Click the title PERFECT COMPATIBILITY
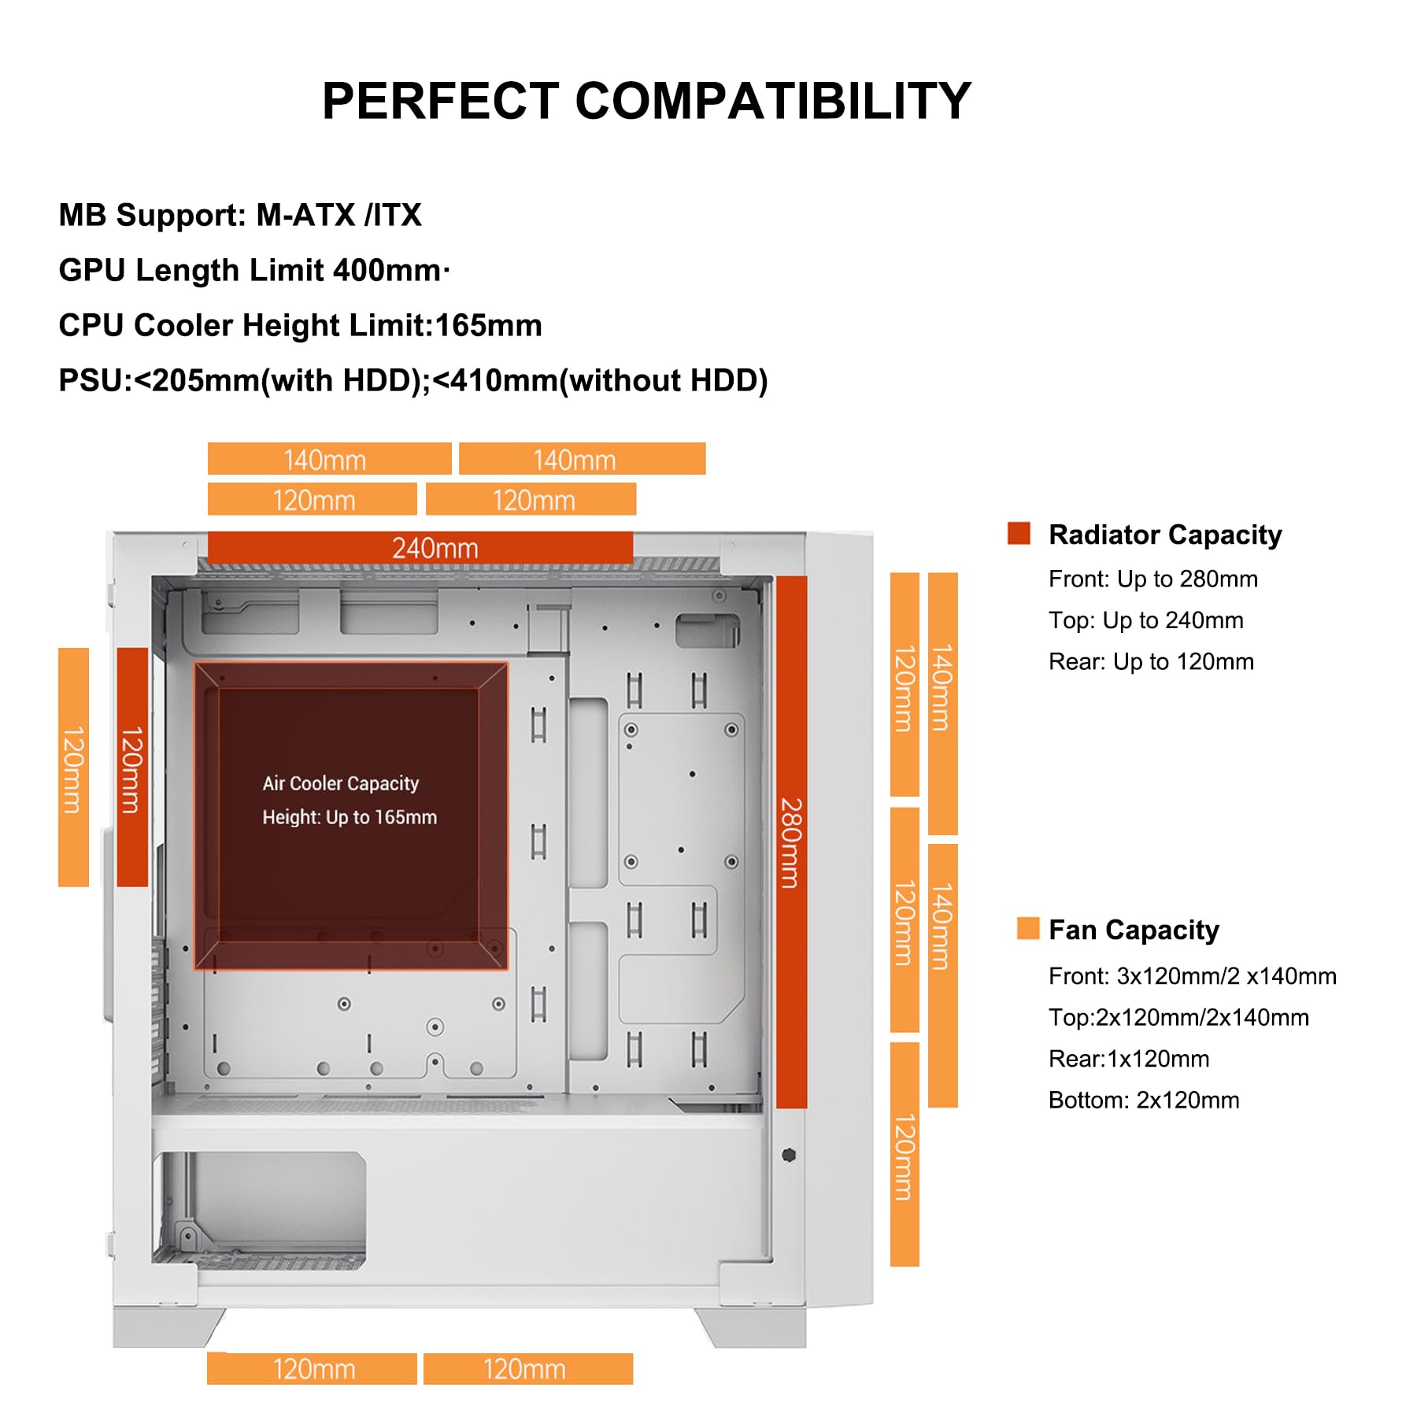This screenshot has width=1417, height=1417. point(646,102)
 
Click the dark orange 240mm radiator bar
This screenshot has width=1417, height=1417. point(420,547)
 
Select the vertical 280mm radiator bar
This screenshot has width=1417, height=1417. point(791,842)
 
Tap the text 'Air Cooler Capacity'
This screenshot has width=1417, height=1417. point(340,783)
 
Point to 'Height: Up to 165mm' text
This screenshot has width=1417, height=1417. point(350,817)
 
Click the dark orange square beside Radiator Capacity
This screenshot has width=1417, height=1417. point(1019,533)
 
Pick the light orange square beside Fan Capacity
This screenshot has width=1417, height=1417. point(1027,928)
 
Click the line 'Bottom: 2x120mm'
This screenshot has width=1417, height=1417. point(1143,1100)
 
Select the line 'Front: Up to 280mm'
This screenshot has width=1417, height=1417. point(1152,579)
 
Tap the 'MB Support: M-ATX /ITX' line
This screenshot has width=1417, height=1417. point(240,215)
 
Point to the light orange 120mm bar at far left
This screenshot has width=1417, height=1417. point(73,767)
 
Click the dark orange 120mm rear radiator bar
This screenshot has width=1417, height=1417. point(132,767)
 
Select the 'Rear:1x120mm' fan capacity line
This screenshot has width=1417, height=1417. point(1128,1059)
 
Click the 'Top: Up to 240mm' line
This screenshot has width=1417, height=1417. point(1145,620)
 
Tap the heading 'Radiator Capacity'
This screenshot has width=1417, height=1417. point(1165,535)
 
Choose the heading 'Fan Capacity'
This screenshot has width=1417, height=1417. point(1134,930)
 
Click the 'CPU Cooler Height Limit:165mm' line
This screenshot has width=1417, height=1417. point(300,325)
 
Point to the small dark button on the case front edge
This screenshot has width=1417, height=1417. point(789,1155)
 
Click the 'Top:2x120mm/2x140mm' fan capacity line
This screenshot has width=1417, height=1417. point(1178,1017)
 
